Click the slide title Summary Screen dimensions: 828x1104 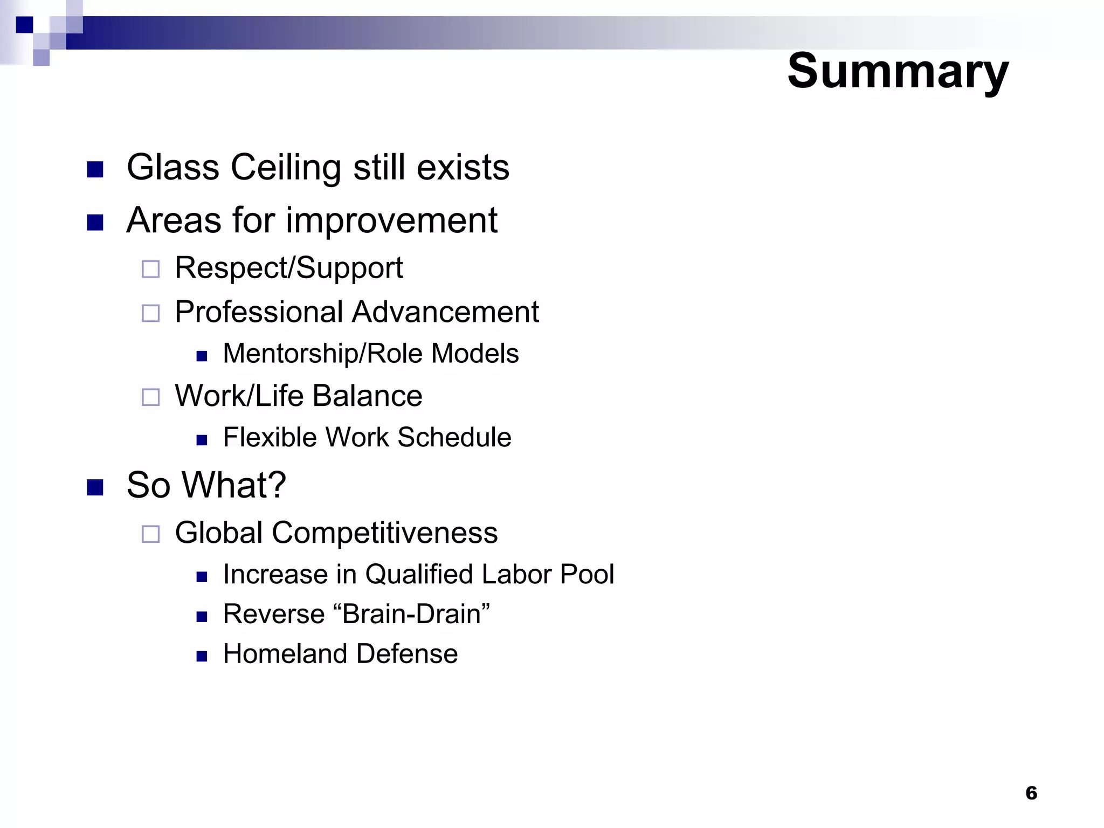tap(897, 72)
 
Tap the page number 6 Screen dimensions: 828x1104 tap(1031, 793)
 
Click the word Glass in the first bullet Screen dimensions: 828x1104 tap(172, 167)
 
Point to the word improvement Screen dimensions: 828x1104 tap(391, 220)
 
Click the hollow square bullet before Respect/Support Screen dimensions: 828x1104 tap(150, 269)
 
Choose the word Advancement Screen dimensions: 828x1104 tap(446, 312)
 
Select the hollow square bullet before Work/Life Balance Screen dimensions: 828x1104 tap(150, 397)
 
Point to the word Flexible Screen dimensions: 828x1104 tap(270, 437)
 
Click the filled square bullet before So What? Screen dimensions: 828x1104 tap(95, 487)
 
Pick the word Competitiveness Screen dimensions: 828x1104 tap(384, 533)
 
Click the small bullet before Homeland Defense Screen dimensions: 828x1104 tap(202, 656)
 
